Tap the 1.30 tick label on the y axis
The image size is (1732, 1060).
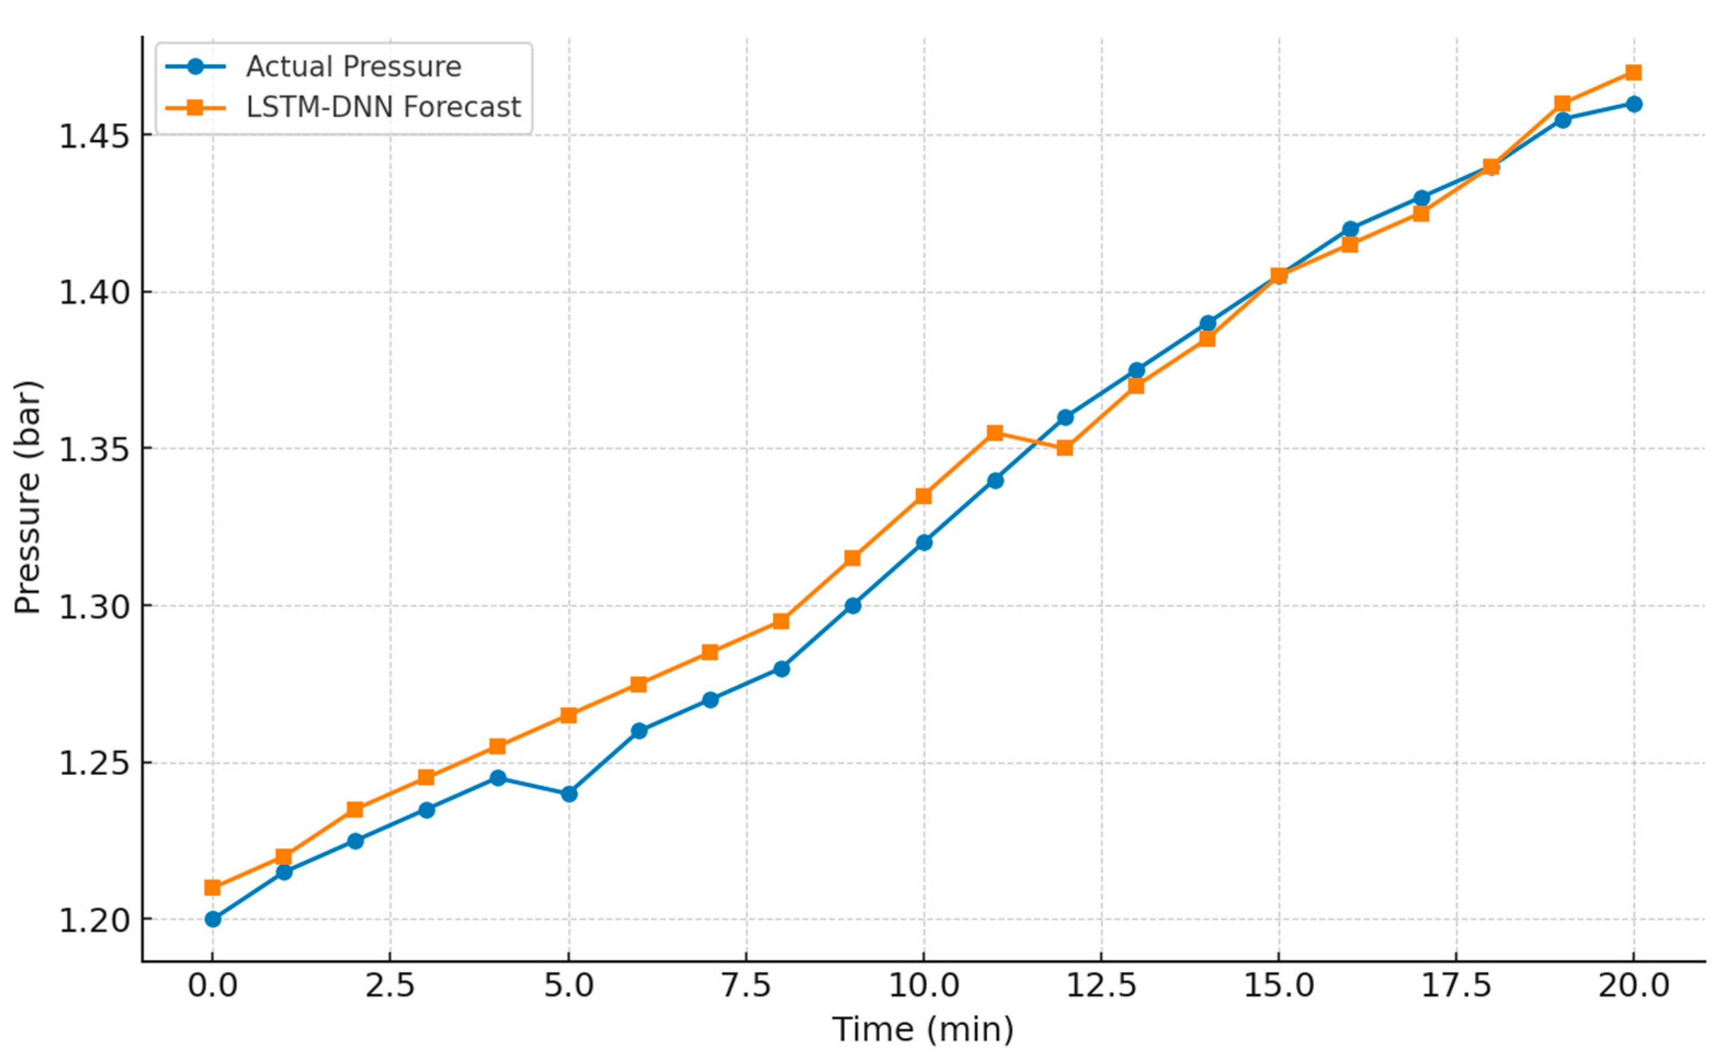(x=95, y=606)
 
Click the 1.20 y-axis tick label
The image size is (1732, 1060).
(x=95, y=920)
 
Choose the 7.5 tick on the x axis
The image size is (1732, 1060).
(x=746, y=985)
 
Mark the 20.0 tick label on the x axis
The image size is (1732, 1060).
(x=1633, y=985)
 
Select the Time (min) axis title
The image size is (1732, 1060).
(x=923, y=1030)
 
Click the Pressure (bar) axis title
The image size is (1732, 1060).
(x=28, y=498)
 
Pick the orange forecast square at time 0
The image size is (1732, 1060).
(x=212, y=888)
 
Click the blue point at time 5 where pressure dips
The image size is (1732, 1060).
(x=569, y=794)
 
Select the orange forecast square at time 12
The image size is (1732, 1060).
(x=1065, y=448)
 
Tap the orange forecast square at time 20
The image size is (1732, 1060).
(x=1633, y=72)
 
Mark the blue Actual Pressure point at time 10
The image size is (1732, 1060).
(x=924, y=543)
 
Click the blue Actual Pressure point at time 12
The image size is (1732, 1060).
(x=1066, y=418)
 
